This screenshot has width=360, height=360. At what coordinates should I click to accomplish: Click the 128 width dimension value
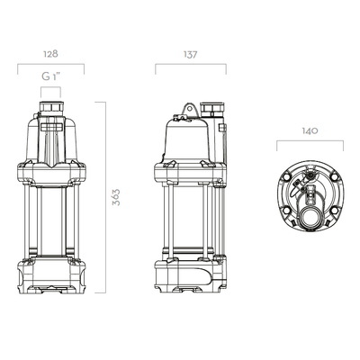[50, 55]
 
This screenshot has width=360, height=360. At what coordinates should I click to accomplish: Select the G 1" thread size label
[51, 77]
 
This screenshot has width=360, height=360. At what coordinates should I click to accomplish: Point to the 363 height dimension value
[116, 198]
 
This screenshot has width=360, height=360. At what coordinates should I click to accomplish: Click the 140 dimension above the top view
[309, 130]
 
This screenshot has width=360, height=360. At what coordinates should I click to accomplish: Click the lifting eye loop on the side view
[189, 110]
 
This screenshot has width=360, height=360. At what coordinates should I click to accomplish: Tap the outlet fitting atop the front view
[51, 112]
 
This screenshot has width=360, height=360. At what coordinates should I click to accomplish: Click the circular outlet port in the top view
[312, 217]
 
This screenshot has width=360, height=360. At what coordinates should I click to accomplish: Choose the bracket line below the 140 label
[309, 141]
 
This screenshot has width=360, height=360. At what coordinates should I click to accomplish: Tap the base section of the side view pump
[189, 274]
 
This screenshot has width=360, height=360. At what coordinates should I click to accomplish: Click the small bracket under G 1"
[51, 88]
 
